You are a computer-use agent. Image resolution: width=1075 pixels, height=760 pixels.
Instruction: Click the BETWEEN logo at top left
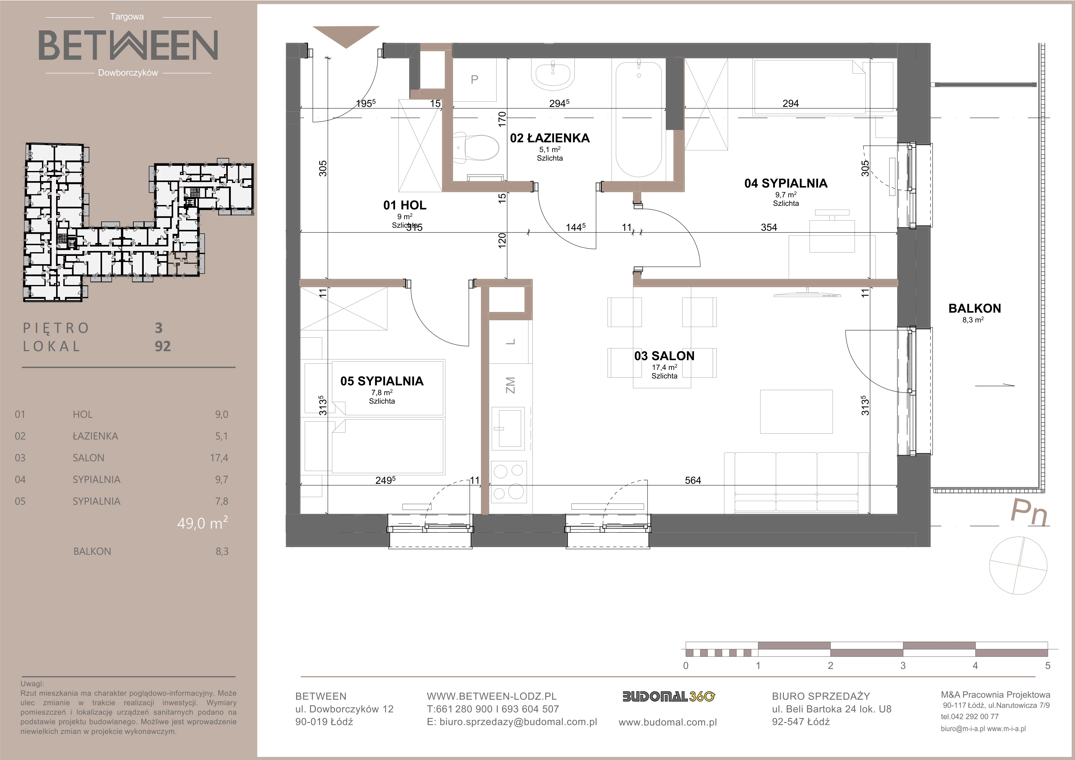[x=128, y=45]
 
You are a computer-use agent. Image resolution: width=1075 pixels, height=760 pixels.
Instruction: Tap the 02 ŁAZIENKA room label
[x=550, y=138]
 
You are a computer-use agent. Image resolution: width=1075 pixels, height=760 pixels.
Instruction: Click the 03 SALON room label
[x=664, y=356]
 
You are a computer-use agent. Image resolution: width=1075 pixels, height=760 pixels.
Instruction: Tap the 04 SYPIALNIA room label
[x=786, y=184]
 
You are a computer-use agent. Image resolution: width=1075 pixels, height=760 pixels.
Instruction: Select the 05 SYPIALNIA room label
[x=382, y=382]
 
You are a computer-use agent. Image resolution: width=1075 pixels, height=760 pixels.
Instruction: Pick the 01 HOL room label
[x=405, y=205]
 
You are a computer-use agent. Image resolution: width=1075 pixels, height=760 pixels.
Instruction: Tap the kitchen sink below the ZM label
[x=509, y=428]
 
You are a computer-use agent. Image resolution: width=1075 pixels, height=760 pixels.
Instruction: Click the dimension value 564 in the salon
[x=693, y=480]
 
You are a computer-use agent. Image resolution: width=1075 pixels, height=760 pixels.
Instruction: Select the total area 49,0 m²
[x=202, y=523]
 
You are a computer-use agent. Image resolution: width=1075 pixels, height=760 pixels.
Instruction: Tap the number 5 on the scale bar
[x=1047, y=666]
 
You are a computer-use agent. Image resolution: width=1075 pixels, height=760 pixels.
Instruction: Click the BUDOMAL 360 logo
[x=669, y=697]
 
